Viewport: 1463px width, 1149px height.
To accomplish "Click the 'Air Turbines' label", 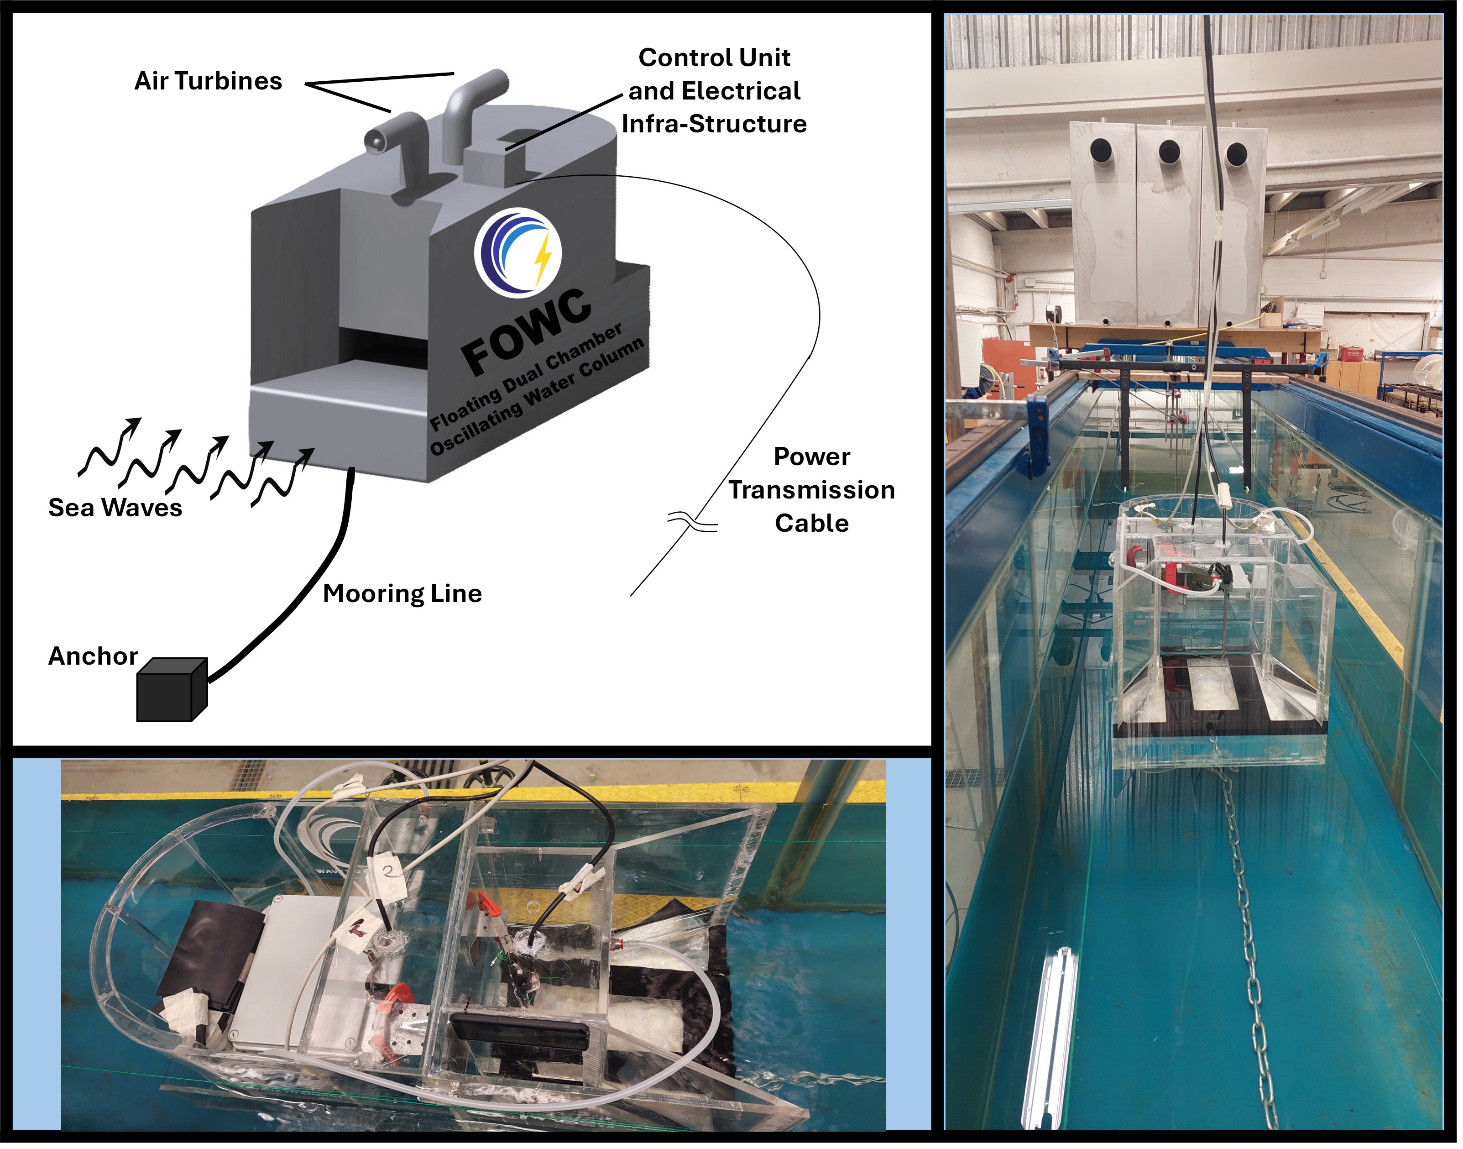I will (x=209, y=81).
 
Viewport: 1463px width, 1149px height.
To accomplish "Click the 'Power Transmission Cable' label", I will (x=812, y=490).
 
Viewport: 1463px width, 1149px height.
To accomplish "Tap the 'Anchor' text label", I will (x=93, y=656).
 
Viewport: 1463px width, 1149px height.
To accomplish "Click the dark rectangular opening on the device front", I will (x=383, y=343).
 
